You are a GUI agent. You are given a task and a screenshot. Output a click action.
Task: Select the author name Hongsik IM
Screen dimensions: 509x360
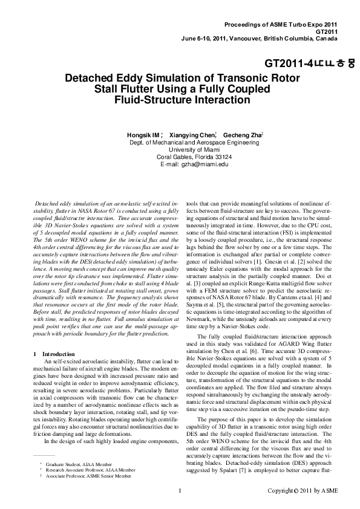[x=143, y=134]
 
